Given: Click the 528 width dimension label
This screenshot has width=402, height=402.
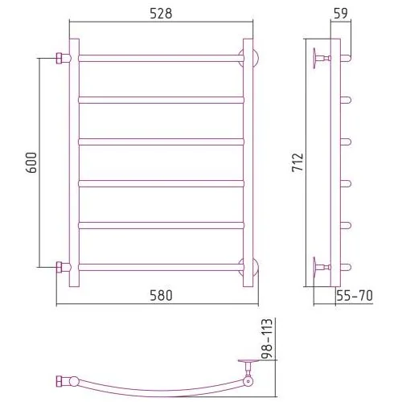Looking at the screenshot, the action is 161,14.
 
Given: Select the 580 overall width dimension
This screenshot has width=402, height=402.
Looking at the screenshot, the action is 161,296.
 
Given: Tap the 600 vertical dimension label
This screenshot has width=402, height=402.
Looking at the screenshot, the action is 31,162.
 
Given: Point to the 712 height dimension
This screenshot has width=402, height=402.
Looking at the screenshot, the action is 297,162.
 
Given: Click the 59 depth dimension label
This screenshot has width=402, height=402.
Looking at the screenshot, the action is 341,14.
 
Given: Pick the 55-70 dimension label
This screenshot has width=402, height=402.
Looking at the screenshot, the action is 355,296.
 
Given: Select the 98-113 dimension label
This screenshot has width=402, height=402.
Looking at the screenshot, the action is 267,338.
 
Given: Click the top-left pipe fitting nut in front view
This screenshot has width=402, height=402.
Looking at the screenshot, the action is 59,59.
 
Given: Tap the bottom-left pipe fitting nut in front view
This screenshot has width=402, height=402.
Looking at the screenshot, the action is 59,267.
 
